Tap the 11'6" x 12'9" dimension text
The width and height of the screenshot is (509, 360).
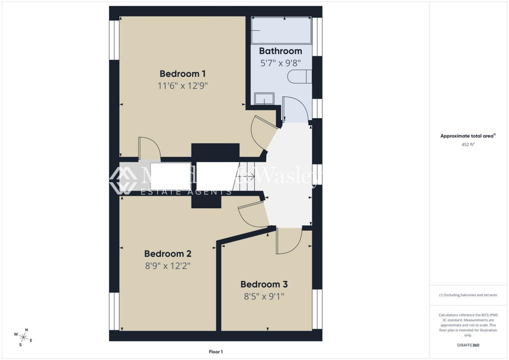pos(182,86)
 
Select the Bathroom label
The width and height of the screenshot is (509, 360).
pos(280,51)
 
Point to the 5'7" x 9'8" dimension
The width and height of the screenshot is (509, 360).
pos(280,63)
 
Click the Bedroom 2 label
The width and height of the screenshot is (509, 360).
pos(168,253)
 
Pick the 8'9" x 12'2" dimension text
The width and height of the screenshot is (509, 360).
pos(168,266)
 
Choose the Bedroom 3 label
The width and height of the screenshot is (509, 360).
pos(264,284)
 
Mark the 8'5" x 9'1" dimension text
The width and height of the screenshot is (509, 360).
pos(264,297)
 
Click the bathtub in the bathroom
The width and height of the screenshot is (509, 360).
pos(281,31)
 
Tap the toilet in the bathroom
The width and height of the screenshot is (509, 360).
pos(299,77)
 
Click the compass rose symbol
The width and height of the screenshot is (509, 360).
pos(23,337)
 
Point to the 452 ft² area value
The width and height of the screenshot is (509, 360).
pos(468,145)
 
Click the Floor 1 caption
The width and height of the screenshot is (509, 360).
pos(215,352)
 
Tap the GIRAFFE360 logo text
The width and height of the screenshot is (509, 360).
pos(468,345)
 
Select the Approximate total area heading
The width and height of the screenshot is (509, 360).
pos(468,136)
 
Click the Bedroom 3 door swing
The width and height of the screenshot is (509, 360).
pos(288,241)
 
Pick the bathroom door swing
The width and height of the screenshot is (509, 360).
pos(294,109)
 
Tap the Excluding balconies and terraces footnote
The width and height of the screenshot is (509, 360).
pos(468,295)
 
